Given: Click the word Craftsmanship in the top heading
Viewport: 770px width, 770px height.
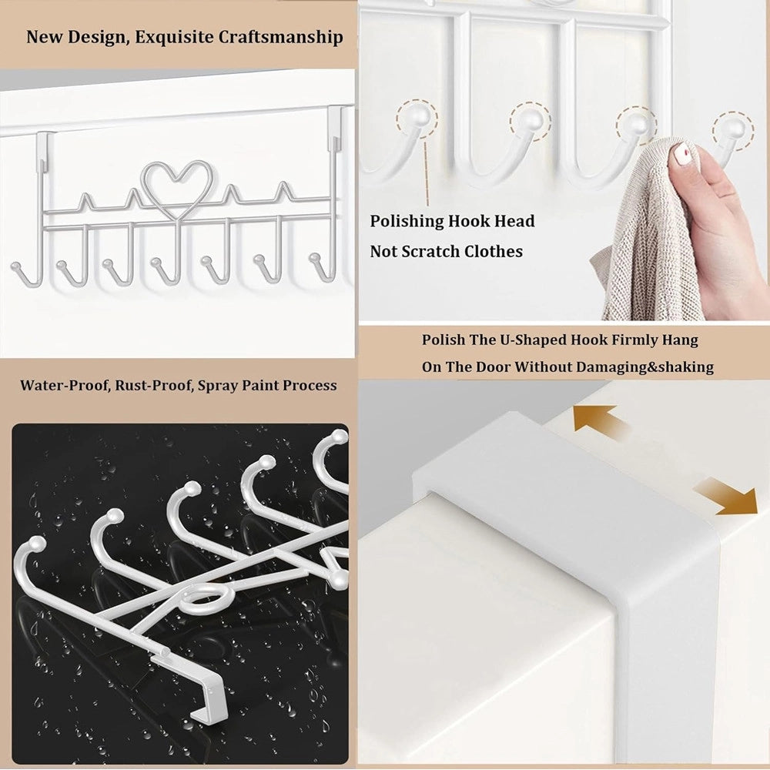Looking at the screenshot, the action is click(280, 38).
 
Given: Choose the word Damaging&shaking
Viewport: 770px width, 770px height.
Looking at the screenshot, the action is click(644, 367).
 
